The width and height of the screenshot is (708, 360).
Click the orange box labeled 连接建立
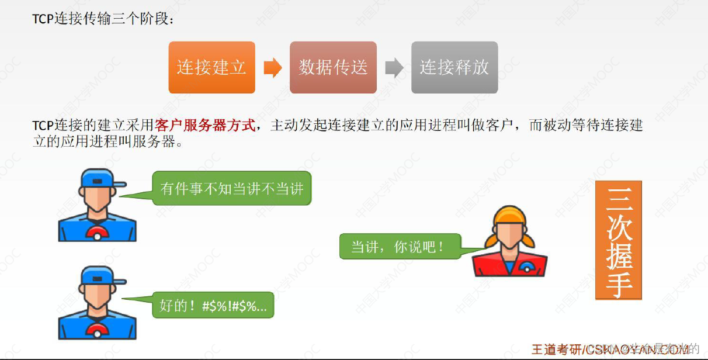click(211, 67)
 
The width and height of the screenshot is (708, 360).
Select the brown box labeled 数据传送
click(333, 67)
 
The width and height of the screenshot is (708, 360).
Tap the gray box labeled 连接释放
click(454, 67)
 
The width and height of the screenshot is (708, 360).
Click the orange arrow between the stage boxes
click(272, 68)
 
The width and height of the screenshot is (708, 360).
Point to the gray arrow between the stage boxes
click(394, 68)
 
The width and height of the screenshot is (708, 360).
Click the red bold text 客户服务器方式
click(205, 126)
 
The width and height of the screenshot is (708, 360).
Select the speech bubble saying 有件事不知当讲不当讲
click(232, 188)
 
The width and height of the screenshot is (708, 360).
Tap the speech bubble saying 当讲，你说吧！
click(400, 247)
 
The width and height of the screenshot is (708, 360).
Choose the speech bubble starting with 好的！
click(213, 305)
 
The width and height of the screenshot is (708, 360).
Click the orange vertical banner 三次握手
click(619, 240)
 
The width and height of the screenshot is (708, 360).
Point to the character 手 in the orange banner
click(619, 283)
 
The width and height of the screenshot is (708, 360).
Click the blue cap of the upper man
click(100, 178)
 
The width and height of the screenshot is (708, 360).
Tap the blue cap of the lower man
click(100, 275)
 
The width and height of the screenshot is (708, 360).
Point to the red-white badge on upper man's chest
click(98, 233)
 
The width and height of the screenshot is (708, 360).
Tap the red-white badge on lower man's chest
click(98, 331)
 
